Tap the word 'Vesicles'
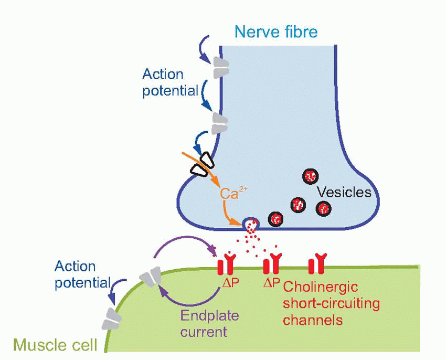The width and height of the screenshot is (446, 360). (344, 192)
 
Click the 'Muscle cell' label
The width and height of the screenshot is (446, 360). (55, 345)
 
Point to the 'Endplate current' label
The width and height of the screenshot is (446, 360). (209, 324)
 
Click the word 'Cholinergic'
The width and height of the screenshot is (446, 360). (320, 287)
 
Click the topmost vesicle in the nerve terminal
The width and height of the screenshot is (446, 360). (310, 176)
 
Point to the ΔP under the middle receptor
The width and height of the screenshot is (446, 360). (271, 283)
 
